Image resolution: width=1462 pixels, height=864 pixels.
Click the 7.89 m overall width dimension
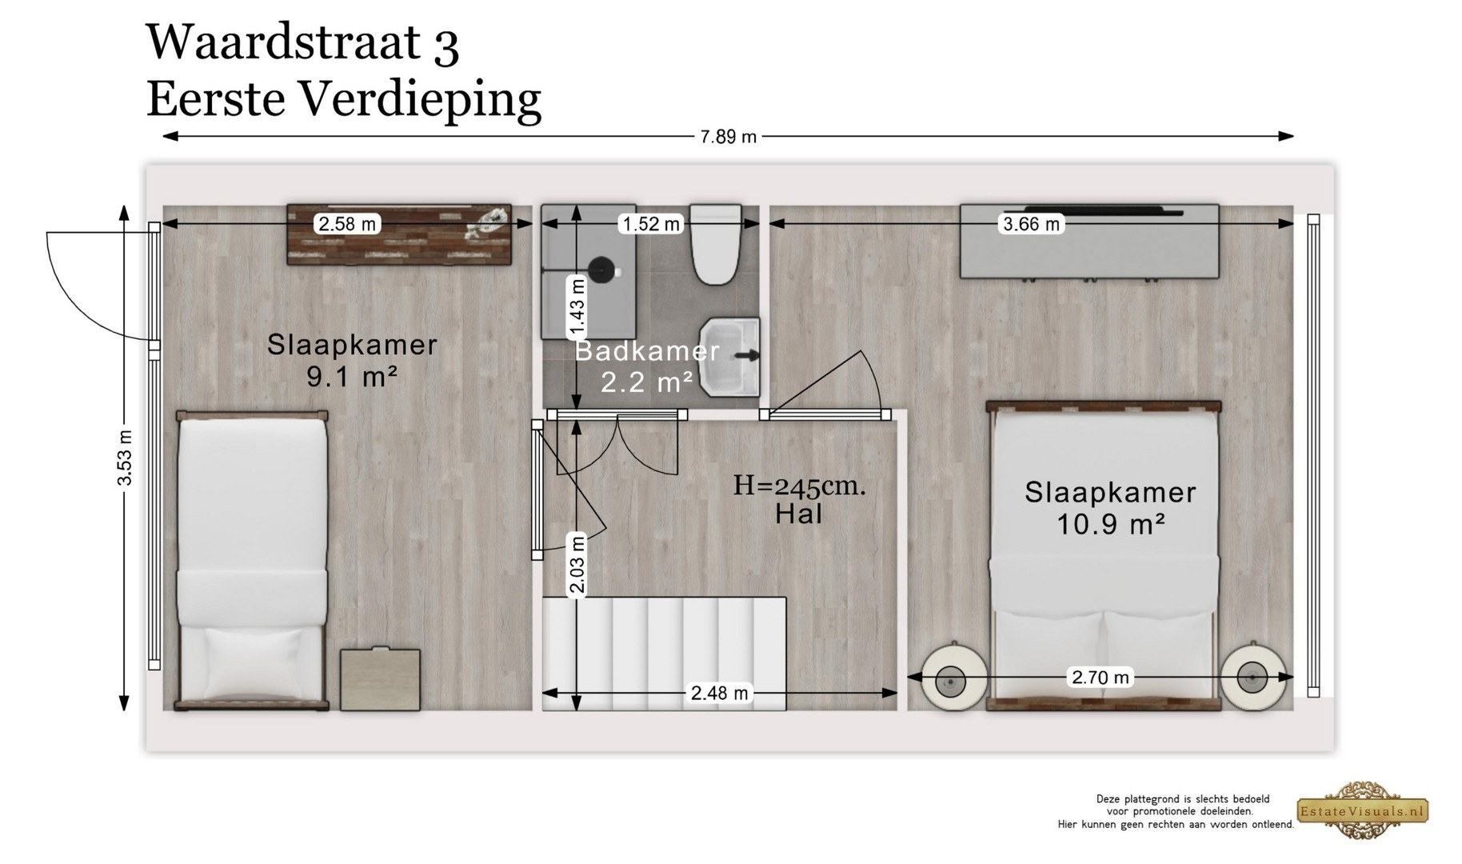point(728,137)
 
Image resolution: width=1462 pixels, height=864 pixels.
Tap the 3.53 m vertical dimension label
point(124,458)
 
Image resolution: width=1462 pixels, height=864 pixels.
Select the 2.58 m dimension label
point(347,224)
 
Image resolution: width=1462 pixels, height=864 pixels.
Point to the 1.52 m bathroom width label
point(651,224)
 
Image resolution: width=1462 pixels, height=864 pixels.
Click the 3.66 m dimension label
point(1032,224)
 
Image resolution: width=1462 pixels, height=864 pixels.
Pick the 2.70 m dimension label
point(1100,678)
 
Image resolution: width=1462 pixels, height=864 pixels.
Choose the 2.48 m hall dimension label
point(720,693)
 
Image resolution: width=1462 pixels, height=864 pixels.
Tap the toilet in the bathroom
point(717,245)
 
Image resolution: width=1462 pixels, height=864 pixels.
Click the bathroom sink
point(729,357)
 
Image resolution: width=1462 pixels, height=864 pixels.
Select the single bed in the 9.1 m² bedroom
point(252,561)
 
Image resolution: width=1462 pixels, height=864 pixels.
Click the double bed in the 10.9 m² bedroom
point(1104,556)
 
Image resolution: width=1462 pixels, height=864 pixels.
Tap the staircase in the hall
point(664,654)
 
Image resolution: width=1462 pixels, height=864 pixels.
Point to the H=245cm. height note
point(799,486)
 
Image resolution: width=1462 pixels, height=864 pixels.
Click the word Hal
point(799,514)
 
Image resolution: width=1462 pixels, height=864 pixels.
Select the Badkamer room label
point(647,351)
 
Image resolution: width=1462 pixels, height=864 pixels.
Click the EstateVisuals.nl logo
point(1362,810)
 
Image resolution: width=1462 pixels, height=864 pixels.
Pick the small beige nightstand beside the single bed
point(380,679)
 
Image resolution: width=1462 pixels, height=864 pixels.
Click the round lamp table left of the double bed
point(951,678)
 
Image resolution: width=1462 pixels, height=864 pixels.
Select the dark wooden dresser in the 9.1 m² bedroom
point(399,234)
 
